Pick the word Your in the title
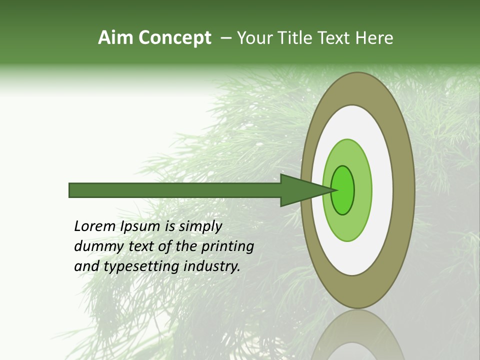point(254,38)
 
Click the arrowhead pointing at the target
point(305,190)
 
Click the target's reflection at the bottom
point(357,335)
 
